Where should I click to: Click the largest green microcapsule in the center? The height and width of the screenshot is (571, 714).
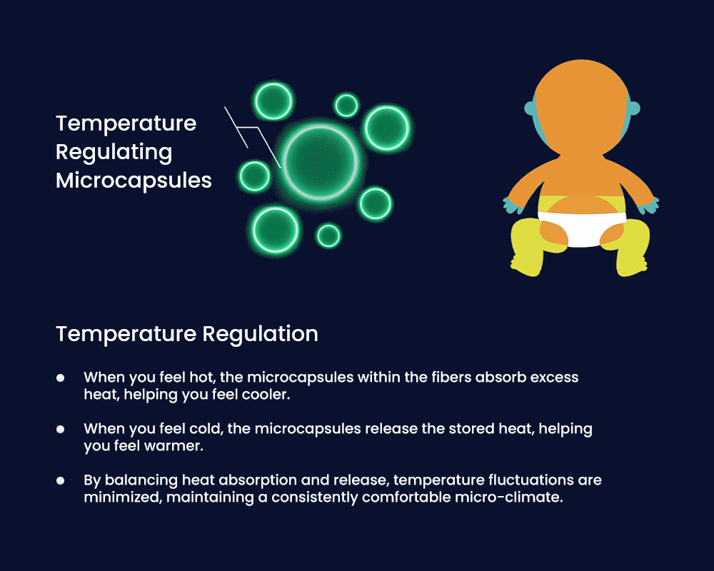[321, 162]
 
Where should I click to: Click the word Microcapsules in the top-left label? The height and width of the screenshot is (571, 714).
[134, 181]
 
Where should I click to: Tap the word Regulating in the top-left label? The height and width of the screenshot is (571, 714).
[114, 152]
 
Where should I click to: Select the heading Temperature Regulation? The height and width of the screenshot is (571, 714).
[186, 334]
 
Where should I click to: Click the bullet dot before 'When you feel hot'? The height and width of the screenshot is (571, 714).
[60, 378]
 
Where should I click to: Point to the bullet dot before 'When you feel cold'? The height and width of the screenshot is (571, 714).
[60, 429]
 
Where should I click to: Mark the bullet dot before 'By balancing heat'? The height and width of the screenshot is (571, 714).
[60, 480]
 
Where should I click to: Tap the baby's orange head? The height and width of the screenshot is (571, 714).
[582, 107]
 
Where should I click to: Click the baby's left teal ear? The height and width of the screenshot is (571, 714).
[530, 108]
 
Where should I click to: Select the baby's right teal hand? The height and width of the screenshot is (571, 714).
[649, 206]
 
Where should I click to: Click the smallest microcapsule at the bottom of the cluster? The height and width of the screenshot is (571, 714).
[328, 236]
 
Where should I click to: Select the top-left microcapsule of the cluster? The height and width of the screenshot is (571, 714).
[273, 101]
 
